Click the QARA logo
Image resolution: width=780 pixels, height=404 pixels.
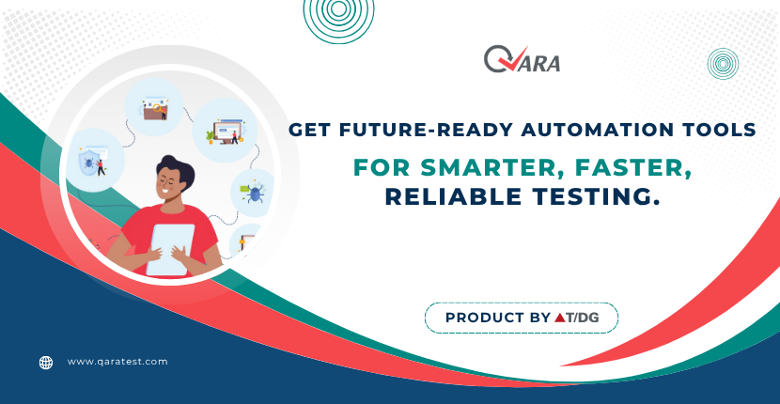(x=522, y=60)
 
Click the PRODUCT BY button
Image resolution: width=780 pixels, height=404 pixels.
(x=522, y=318)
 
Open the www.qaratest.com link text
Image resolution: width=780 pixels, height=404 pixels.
(x=117, y=361)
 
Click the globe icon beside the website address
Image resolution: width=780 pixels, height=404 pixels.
(x=46, y=362)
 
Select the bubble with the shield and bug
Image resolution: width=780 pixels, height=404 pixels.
(x=92, y=160)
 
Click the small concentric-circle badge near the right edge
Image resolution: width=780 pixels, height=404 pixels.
(x=723, y=64)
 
